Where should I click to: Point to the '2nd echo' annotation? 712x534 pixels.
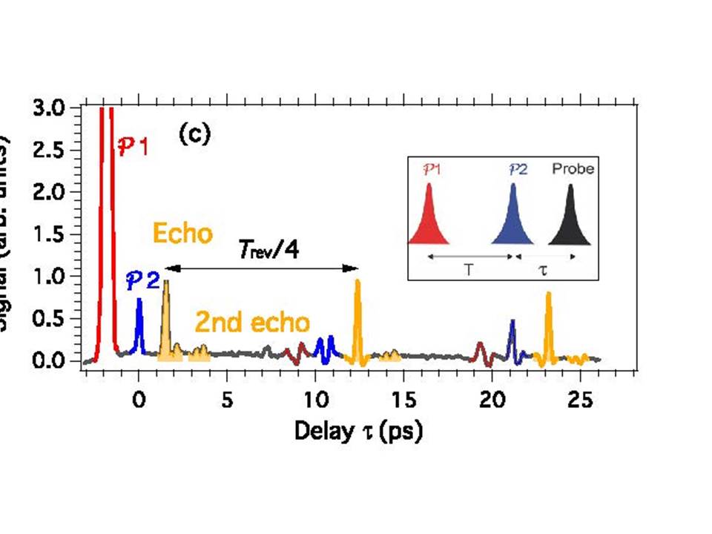point(252,323)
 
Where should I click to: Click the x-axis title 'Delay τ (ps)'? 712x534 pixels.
point(358,431)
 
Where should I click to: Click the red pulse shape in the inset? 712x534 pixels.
point(429,220)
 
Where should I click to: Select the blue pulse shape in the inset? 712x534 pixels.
point(512,220)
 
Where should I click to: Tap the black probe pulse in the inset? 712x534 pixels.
point(570,220)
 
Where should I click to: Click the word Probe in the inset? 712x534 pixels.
point(573,169)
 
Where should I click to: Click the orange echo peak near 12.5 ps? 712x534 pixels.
point(358,311)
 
